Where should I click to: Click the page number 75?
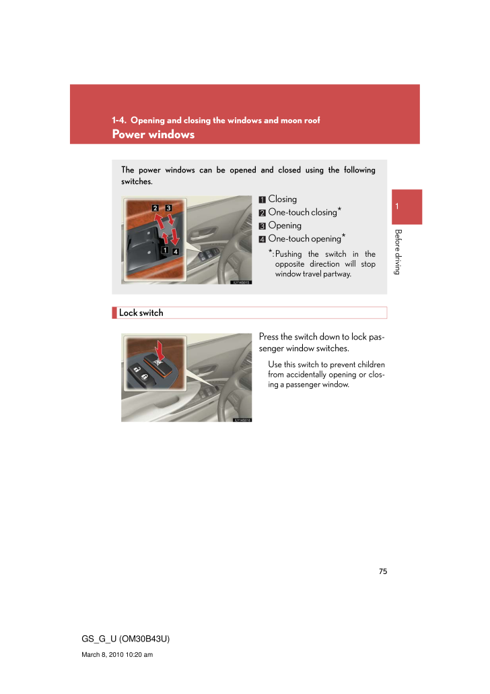tap(383, 571)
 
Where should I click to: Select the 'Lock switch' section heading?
tap(141, 313)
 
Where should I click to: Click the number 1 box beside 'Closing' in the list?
tap(262, 199)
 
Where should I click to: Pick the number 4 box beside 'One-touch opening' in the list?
tap(262, 239)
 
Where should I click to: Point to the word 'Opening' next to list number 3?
tap(285, 225)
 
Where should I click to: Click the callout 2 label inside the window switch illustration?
tap(155, 208)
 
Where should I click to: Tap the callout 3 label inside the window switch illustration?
tap(168, 208)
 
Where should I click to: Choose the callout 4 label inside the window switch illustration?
tap(175, 251)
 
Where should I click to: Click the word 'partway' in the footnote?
tap(336, 274)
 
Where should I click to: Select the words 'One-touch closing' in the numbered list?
tap(302, 212)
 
